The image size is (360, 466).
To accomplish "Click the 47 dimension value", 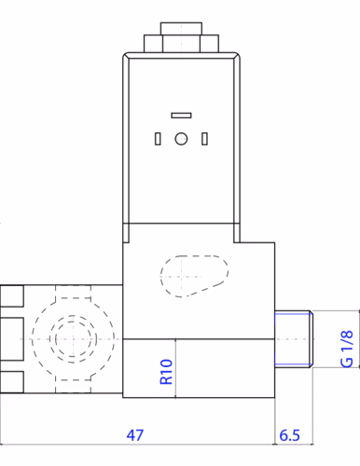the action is [135, 435].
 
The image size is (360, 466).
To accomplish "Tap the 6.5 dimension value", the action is [289, 435].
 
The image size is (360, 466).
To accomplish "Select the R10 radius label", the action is [166, 372].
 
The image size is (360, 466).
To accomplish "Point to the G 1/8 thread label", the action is [347, 349].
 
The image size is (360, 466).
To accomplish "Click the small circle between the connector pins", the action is [181, 139].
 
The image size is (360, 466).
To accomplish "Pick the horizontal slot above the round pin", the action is [181, 116].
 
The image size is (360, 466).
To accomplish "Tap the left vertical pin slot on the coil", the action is [158, 139].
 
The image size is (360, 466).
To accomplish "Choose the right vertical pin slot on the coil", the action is [204, 139].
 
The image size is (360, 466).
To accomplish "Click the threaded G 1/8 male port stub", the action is [294, 339].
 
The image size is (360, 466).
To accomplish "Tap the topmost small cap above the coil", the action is [181, 29].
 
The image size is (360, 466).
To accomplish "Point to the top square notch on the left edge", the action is [12, 296].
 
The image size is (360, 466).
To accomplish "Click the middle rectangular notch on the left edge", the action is [12, 339].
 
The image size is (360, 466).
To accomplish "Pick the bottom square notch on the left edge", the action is [12, 382].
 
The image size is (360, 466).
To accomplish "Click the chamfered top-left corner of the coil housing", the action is [125, 56].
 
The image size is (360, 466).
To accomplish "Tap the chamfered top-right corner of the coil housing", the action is [237, 56].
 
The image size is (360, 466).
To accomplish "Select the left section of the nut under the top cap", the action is [153, 44].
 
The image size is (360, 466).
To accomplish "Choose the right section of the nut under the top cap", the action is [209, 44].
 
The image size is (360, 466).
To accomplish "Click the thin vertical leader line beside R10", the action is [175, 368].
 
